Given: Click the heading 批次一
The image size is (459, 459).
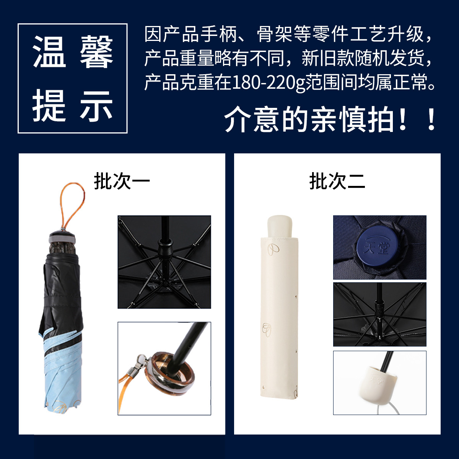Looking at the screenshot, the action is (122, 181).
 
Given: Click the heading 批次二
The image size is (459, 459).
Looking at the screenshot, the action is (337, 181).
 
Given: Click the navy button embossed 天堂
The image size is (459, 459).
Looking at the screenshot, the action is (377, 247).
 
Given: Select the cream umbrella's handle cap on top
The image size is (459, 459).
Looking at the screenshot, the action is (280, 226).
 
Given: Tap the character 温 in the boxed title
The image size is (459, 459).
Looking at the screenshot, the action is (49, 52).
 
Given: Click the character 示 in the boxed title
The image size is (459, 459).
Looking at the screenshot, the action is (96, 106).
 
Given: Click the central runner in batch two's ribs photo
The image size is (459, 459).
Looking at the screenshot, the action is (379, 307).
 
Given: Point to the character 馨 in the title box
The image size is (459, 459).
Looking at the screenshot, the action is (96, 52).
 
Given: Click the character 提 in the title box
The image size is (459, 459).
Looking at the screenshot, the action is (49, 106).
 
